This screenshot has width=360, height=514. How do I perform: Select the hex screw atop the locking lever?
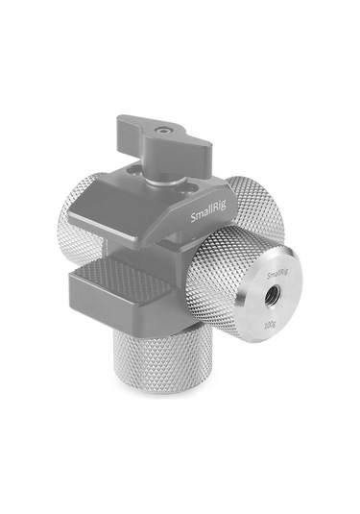pos(169,125)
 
